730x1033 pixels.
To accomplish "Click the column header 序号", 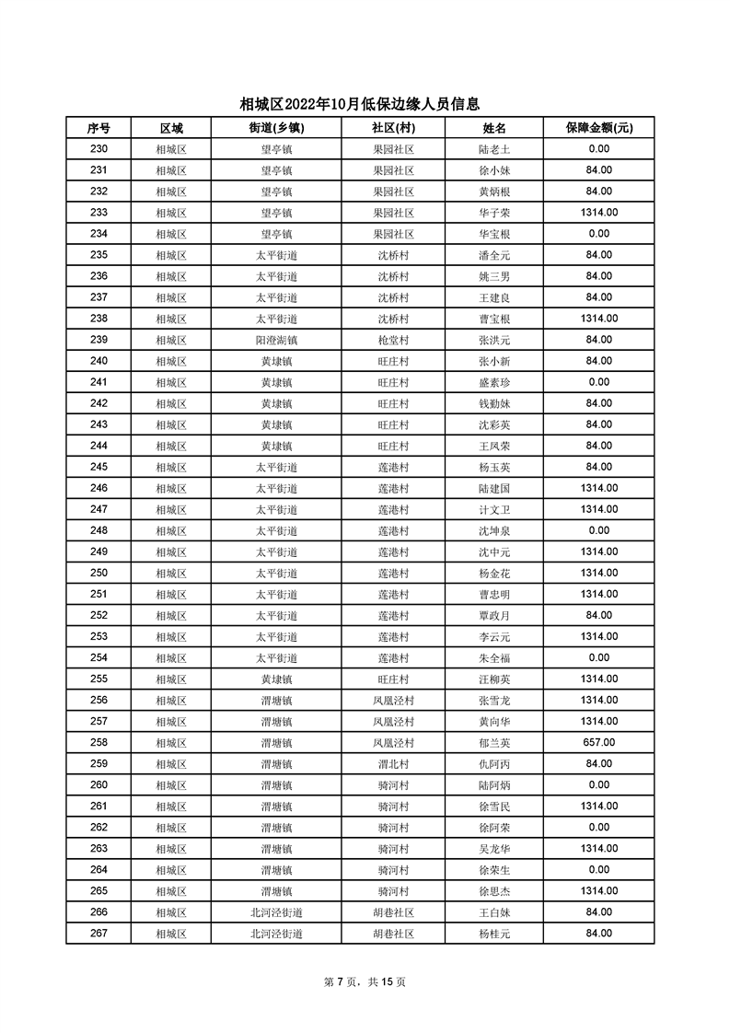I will (98, 128).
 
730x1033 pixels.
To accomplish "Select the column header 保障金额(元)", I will (598, 128).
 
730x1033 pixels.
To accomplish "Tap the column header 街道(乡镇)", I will (276, 128).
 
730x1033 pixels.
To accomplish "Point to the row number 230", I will (98, 149).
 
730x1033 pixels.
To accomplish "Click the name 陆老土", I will (494, 149).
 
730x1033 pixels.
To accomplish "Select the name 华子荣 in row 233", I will (494, 213).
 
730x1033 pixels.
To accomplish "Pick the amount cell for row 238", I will (598, 319).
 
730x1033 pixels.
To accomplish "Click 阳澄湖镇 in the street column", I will (276, 340).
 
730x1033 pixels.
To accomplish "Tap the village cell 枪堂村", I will (393, 340).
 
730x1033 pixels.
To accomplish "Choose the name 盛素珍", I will (494, 382).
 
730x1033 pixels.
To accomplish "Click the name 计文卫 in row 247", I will (494, 509).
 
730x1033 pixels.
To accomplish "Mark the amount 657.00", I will (598, 742).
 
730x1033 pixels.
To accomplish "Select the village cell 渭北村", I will (393, 763).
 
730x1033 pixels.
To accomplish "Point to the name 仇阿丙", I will (494, 763).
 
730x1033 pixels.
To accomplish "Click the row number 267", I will (98, 934).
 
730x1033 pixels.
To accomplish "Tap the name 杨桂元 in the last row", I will (494, 934).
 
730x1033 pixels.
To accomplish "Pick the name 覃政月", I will (494, 615).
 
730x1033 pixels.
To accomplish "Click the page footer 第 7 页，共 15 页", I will (365, 981).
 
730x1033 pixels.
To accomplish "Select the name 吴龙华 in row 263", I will (494, 849).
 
